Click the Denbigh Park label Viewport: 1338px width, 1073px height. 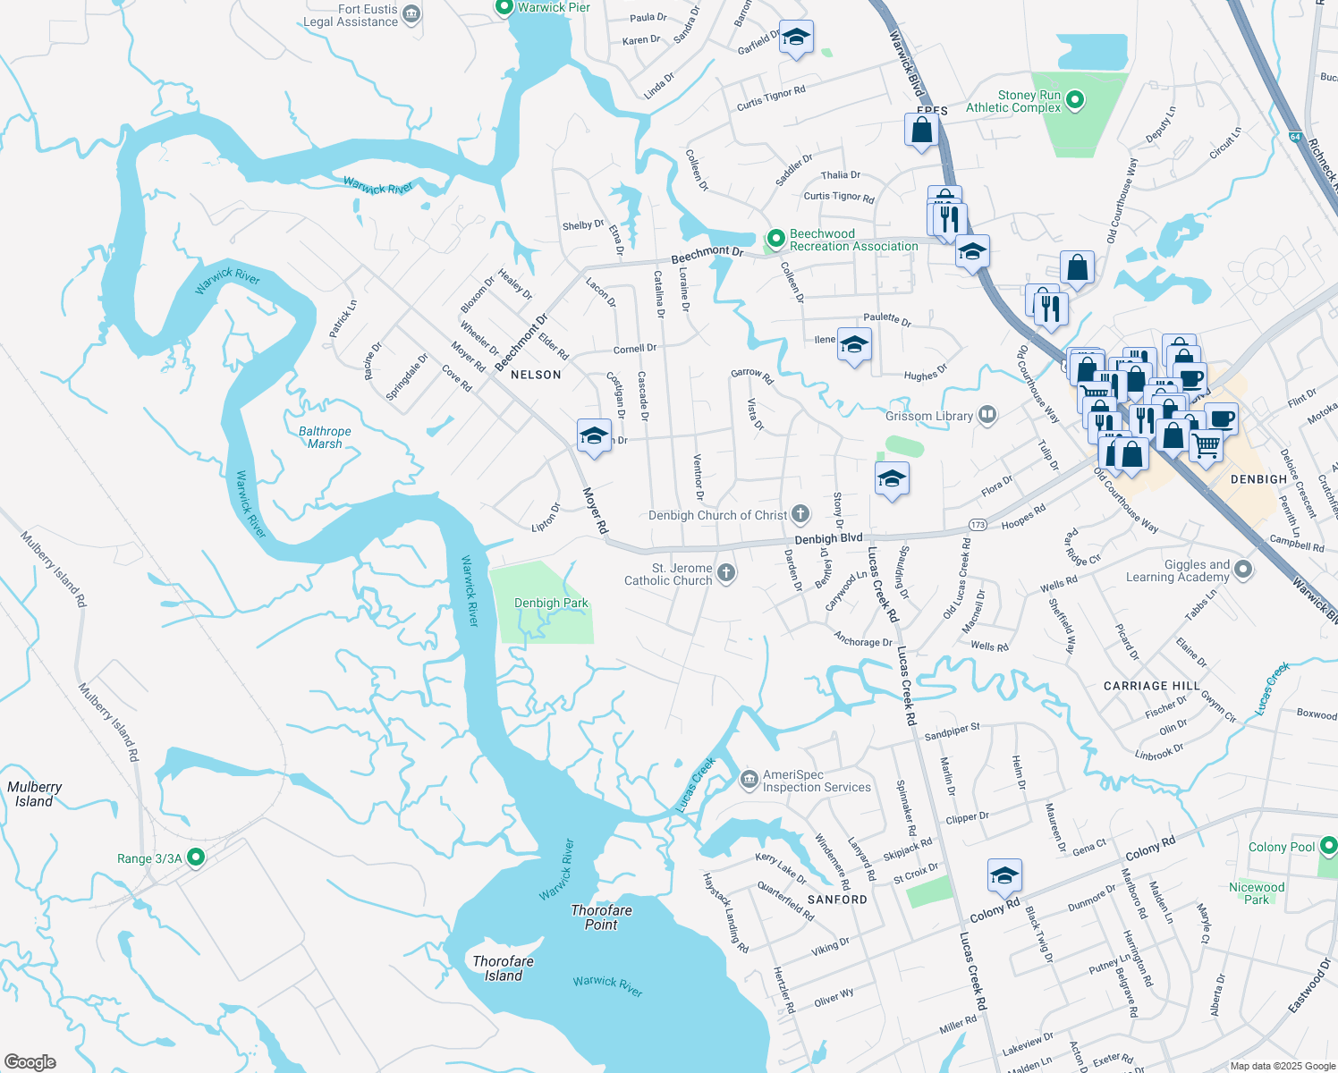pos(551,604)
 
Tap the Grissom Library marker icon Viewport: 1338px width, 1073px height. pos(987,414)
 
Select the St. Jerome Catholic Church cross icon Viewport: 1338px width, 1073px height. pos(726,574)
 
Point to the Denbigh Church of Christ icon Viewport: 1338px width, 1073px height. pos(800,514)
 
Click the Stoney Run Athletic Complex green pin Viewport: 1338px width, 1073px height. pos(1075,100)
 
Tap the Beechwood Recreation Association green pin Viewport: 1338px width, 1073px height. pos(775,240)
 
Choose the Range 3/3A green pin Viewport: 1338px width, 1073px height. pos(196,858)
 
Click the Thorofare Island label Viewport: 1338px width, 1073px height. pos(503,968)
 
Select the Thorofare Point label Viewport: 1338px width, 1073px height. pos(601,917)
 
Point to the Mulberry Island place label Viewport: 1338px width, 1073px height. pos(34,794)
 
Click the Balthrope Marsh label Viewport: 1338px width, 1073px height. pos(325,437)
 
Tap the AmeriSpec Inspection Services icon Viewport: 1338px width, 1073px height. pos(749,782)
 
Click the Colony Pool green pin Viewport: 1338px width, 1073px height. pos(1328,846)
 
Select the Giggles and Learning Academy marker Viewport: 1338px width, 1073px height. pos(1243,570)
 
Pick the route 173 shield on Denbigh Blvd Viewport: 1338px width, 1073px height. pos(978,525)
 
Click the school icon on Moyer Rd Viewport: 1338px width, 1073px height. pos(594,436)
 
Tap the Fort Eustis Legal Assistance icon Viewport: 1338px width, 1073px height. pos(411,14)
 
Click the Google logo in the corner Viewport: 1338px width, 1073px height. pos(30,1061)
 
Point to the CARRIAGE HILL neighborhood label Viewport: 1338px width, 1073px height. pos(1151,686)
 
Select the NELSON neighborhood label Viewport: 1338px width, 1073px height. pos(536,375)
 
